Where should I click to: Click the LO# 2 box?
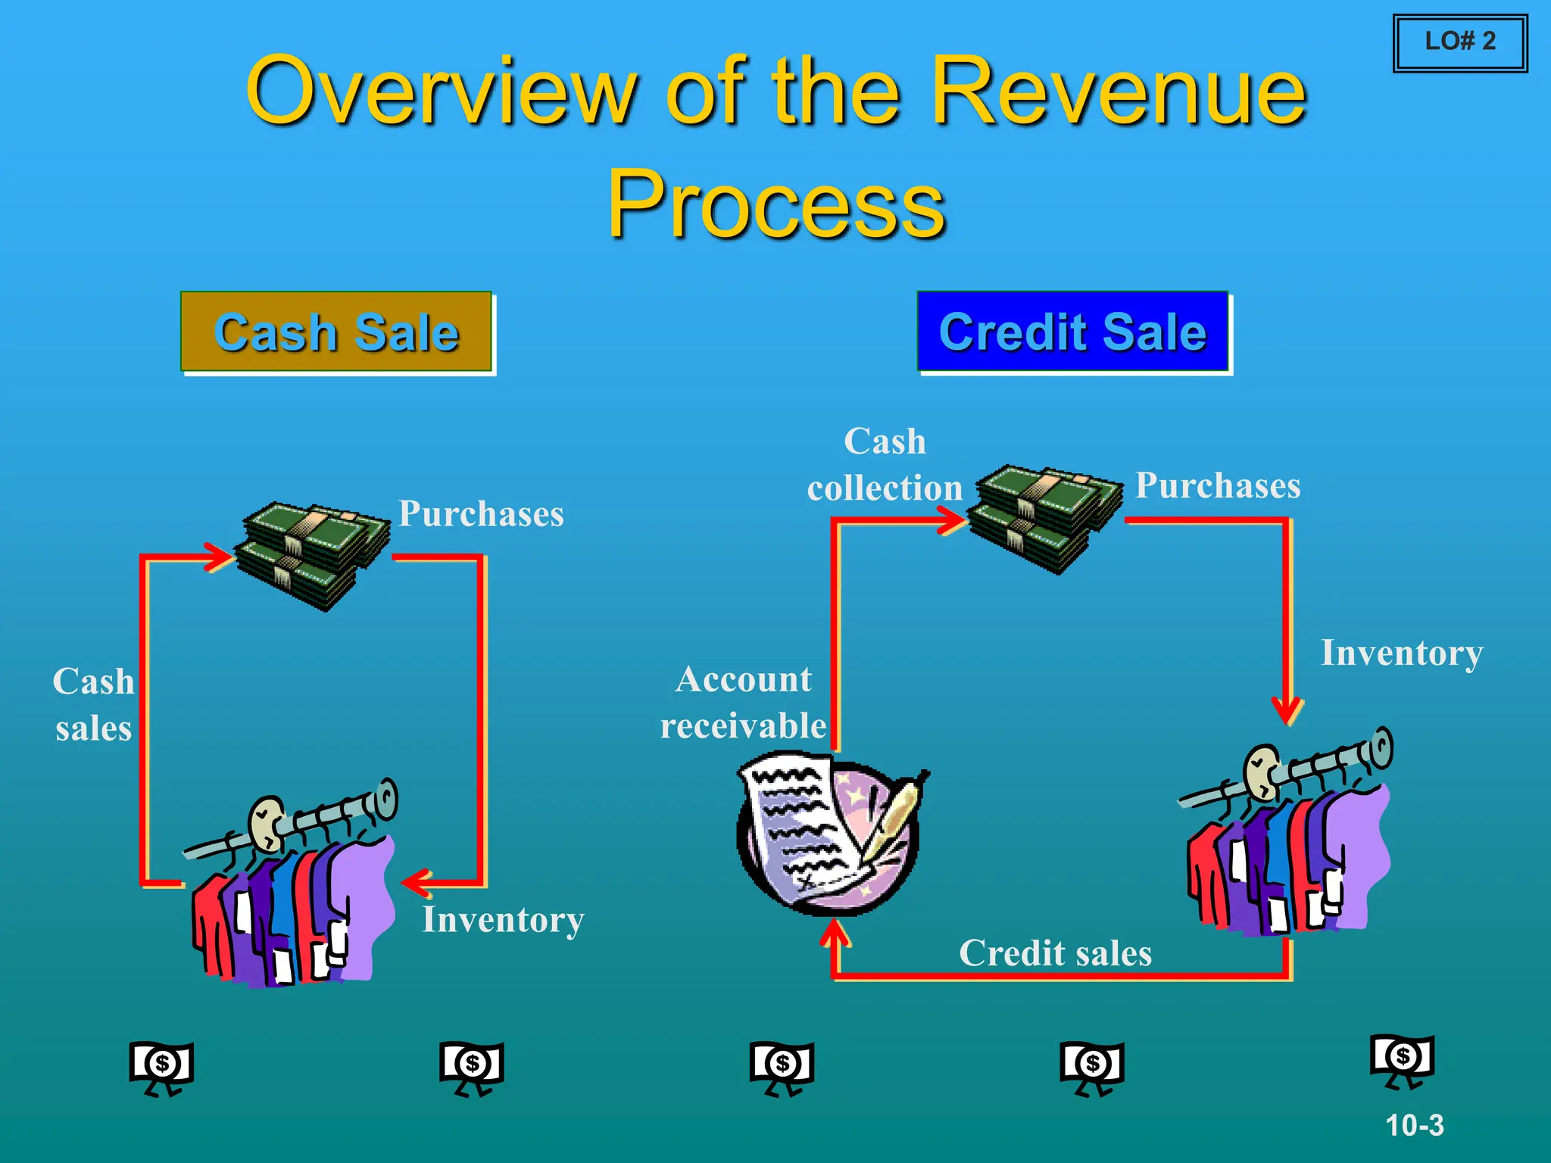1459,42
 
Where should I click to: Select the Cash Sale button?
336,332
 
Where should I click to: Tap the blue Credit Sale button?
1072,332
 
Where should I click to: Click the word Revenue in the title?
1119,92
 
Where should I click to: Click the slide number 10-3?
1414,1125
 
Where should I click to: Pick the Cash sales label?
94,704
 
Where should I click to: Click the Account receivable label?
744,702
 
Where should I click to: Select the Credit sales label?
1055,953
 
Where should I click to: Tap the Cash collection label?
885,465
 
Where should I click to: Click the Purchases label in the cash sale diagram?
481,513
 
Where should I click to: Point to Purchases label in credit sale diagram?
1218,485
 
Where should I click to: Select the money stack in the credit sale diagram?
1046,519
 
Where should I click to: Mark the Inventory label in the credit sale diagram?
1401,653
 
